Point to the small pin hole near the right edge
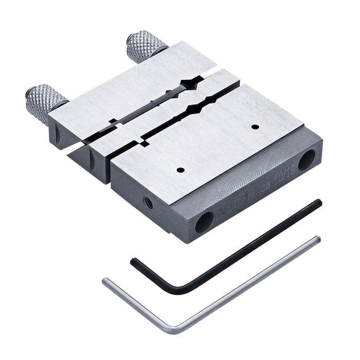tap(255, 126)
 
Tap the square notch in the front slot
tap(143, 140)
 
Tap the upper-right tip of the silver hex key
tap(317, 239)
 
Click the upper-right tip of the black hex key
tap(319, 203)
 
